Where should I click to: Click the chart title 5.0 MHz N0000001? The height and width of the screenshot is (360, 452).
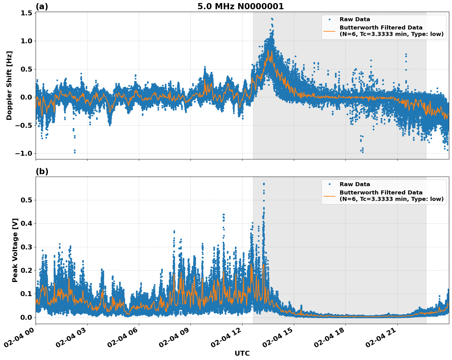click(x=240, y=6)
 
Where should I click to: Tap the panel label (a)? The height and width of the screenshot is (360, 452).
click(x=42, y=6)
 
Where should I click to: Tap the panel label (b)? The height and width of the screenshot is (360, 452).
click(x=42, y=171)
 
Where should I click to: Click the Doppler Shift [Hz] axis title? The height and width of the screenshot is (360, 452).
click(x=9, y=85)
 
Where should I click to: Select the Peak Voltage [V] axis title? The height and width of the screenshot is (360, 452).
click(x=15, y=250)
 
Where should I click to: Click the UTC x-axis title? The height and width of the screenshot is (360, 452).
click(x=242, y=353)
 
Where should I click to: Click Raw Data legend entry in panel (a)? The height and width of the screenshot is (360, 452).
click(x=355, y=19)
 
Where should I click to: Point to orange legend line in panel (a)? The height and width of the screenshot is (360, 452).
click(x=329, y=31)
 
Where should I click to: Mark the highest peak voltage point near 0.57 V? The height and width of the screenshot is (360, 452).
click(x=263, y=184)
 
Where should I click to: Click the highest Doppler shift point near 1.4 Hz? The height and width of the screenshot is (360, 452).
click(x=272, y=19)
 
